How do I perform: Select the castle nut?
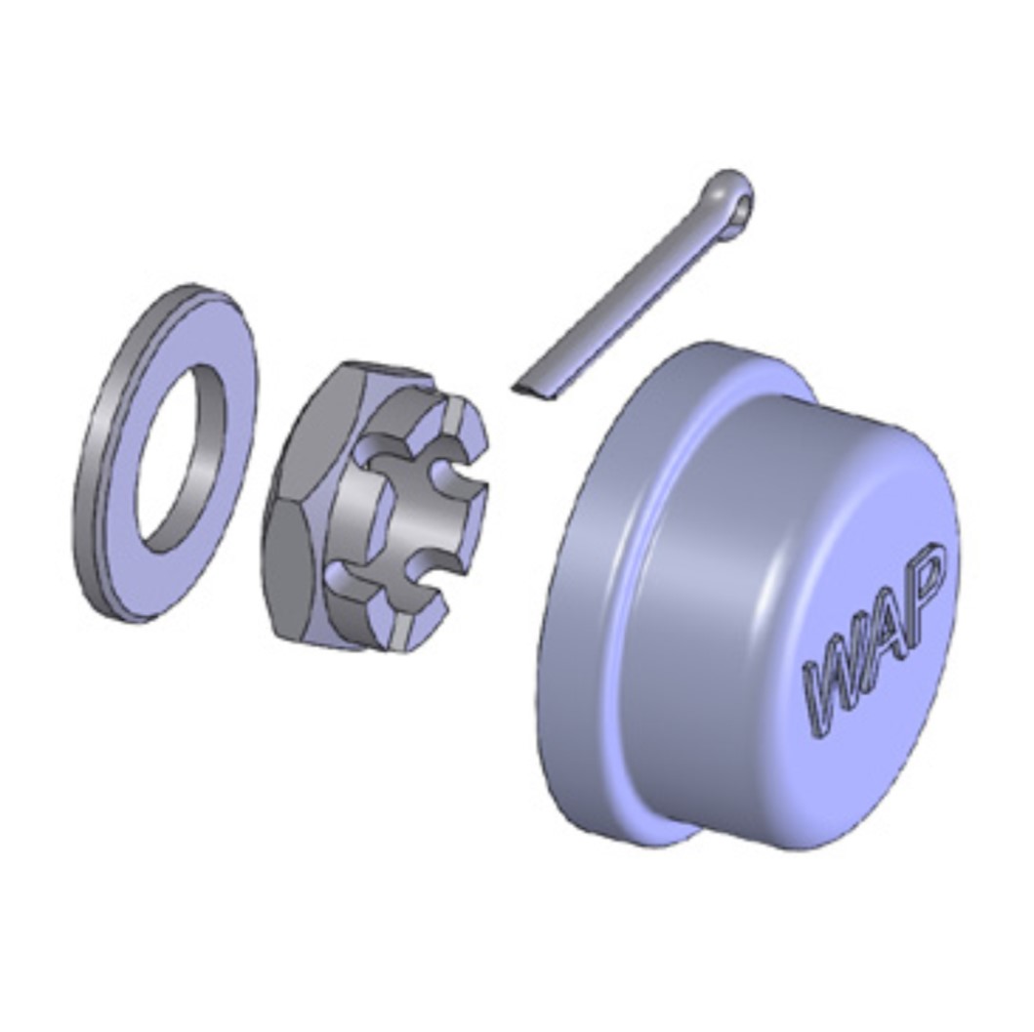[376, 505]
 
